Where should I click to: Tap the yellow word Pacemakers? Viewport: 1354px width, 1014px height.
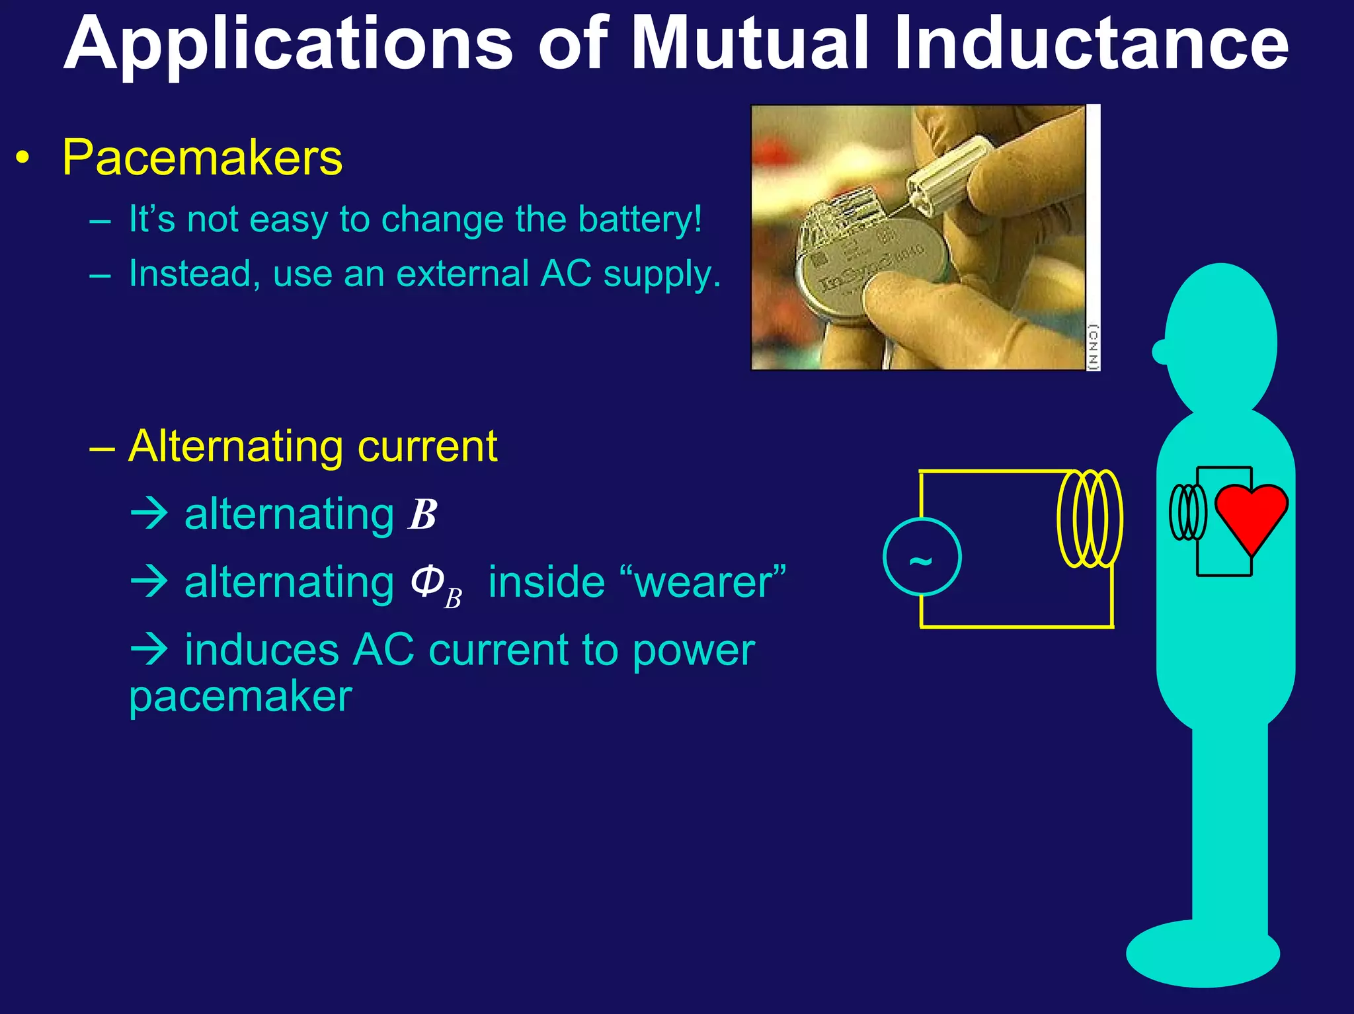click(x=202, y=158)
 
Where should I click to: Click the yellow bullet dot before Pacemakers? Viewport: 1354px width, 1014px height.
click(x=23, y=159)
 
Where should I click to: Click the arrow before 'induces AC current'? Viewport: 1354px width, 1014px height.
click(x=149, y=649)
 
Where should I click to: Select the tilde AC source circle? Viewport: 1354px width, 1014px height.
click(x=922, y=557)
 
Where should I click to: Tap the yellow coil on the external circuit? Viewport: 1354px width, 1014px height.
click(x=1090, y=518)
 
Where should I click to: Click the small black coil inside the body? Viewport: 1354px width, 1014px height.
click(x=1187, y=512)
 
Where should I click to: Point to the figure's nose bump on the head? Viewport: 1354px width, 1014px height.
click(x=1160, y=352)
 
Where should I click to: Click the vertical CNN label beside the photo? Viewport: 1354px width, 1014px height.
click(x=1093, y=346)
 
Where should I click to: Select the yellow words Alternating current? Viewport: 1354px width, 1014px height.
click(x=313, y=446)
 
